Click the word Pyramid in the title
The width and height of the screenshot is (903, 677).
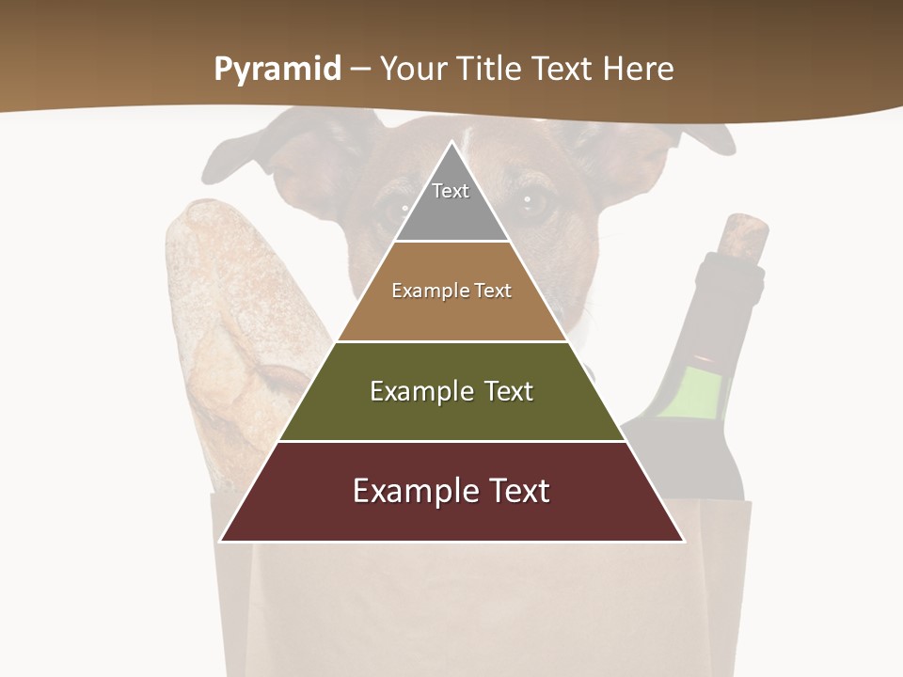pos(277,70)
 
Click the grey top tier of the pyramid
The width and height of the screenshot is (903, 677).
pos(451,212)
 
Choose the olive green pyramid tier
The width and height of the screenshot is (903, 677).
pos(451,414)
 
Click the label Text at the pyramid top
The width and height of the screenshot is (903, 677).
pos(451,191)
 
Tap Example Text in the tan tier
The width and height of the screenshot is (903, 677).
pos(451,291)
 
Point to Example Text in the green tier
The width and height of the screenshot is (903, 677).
pos(451,391)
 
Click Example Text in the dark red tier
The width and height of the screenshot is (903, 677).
pos(451,491)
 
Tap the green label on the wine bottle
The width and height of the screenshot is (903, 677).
pos(691,391)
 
